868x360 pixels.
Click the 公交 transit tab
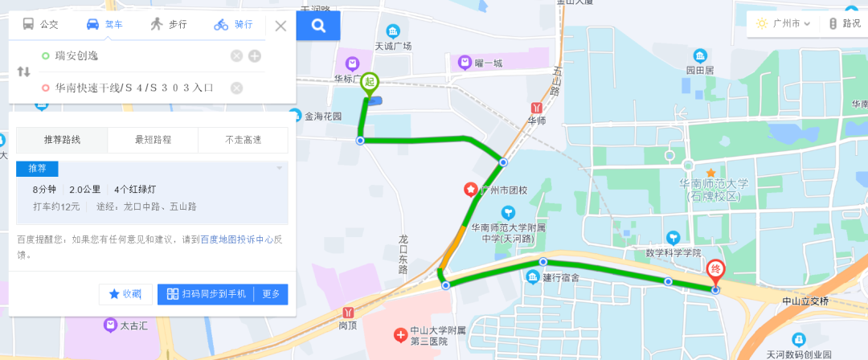41,24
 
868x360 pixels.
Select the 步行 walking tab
168,24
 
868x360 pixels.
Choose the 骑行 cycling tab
233,24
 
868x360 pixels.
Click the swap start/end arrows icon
23,72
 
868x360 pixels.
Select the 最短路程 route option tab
153,140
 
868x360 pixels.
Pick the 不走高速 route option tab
243,140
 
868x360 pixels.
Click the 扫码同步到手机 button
206,294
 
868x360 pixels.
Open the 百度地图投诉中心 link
240,239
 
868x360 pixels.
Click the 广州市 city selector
784,24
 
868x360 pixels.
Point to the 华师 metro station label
536,121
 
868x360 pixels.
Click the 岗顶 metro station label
347,325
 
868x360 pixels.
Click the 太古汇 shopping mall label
130,326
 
